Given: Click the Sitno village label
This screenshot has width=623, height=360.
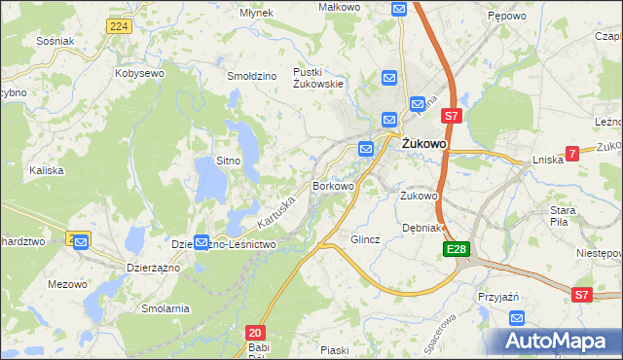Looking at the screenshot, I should [x=228, y=160].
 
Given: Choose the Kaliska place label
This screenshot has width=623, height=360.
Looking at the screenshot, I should [x=47, y=170].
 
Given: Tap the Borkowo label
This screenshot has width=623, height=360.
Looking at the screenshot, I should [x=332, y=185].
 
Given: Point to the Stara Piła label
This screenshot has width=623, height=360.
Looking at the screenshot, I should [x=564, y=215].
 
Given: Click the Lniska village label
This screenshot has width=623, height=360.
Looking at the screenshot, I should [x=548, y=160].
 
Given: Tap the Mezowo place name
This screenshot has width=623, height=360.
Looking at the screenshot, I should [x=65, y=285].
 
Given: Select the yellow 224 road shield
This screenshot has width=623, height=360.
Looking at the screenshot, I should [x=119, y=26].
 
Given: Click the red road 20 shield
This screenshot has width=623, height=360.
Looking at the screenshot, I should [x=255, y=332].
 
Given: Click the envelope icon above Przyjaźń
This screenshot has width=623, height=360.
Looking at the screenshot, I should [x=517, y=318].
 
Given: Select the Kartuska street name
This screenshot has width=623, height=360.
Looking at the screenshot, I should [x=276, y=200].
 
